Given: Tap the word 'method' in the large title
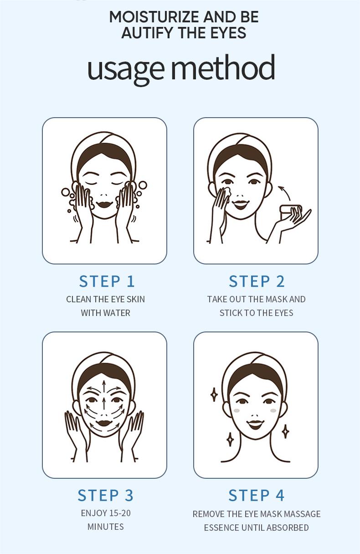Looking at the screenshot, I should pos(223,68).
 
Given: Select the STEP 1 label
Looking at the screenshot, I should pos(107,281).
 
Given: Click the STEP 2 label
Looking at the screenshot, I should pos(257,281).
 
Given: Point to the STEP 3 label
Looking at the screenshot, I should pos(105,495).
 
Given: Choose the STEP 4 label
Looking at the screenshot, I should pos(256,495).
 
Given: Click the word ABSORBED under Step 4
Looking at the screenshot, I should pos(288,528).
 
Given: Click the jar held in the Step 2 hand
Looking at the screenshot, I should pos(290,211).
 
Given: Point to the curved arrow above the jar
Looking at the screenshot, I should pos(285,192).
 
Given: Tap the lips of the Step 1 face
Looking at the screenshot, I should pos(104,204).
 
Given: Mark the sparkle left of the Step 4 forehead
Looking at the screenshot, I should pos(214,394).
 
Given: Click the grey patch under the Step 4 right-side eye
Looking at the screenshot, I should pos(273,410).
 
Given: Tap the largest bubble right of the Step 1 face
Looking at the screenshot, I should pos(143,185).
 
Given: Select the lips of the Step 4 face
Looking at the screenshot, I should pos(255,424).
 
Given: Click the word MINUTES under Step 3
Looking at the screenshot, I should pos(105,527).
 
